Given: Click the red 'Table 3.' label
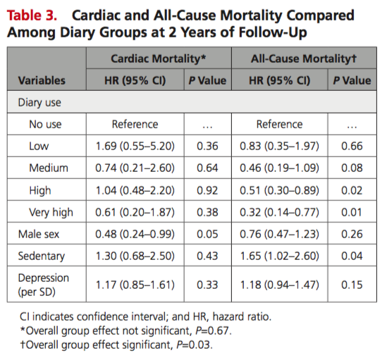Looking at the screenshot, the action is (x=32, y=15).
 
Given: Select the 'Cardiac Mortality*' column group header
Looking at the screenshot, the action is (x=159, y=58).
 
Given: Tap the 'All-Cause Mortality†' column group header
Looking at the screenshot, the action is (x=304, y=58).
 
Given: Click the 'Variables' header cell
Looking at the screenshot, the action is (x=42, y=80).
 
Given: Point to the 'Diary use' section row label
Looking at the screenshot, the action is (x=39, y=103).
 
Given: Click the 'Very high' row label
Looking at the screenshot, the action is (x=51, y=213).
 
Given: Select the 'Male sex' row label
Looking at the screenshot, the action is (x=39, y=234).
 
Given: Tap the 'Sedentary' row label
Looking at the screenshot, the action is (x=42, y=256).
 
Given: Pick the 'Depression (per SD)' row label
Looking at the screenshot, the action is (x=44, y=285).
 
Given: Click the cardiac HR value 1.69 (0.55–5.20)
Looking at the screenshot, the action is (x=135, y=146).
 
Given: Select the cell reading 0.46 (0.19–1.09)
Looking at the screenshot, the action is (x=279, y=168).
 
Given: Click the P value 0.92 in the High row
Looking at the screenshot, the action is (x=207, y=190).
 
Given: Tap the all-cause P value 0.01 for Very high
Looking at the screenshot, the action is (x=352, y=213).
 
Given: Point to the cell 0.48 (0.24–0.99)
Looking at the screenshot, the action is (x=135, y=234).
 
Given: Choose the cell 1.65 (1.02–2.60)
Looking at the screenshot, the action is (x=279, y=256).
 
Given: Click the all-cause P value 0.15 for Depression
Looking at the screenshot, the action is (x=352, y=285).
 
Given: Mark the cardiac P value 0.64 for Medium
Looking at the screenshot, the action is (x=207, y=168).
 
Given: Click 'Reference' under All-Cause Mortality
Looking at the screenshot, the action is (x=279, y=124).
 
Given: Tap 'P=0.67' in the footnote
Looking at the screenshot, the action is (x=214, y=331).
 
